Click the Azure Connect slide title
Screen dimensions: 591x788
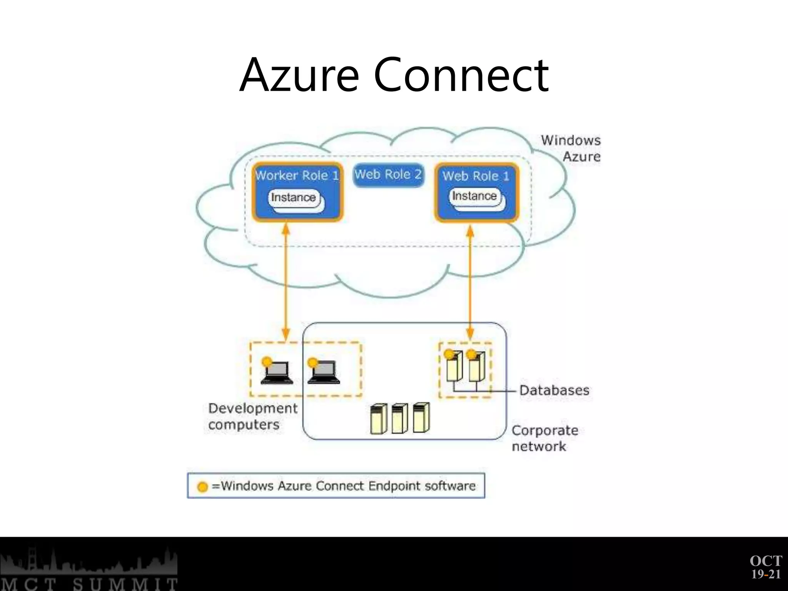pyautogui.click(x=394, y=75)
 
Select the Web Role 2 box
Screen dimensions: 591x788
pyautogui.click(x=388, y=175)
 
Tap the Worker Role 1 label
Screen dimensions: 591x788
pyautogui.click(x=297, y=175)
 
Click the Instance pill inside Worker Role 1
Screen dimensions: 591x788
pyautogui.click(x=294, y=198)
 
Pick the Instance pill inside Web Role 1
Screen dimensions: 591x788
pyautogui.click(x=474, y=196)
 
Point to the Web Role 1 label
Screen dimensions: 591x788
pyautogui.click(x=476, y=176)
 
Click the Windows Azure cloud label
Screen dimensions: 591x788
pyautogui.click(x=571, y=148)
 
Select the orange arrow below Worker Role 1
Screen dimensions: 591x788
pyautogui.click(x=285, y=281)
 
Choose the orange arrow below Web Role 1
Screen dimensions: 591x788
pyautogui.click(x=470, y=281)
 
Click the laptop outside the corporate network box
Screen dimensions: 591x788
pyautogui.click(x=277, y=373)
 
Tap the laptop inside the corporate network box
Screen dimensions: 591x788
pyautogui.click(x=324, y=373)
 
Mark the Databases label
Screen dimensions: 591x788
pyautogui.click(x=554, y=390)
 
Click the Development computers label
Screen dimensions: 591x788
pyautogui.click(x=252, y=416)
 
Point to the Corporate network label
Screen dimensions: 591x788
pyautogui.click(x=544, y=438)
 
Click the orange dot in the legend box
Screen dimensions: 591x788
pyautogui.click(x=202, y=487)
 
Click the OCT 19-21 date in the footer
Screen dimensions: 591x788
pyautogui.click(x=766, y=567)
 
